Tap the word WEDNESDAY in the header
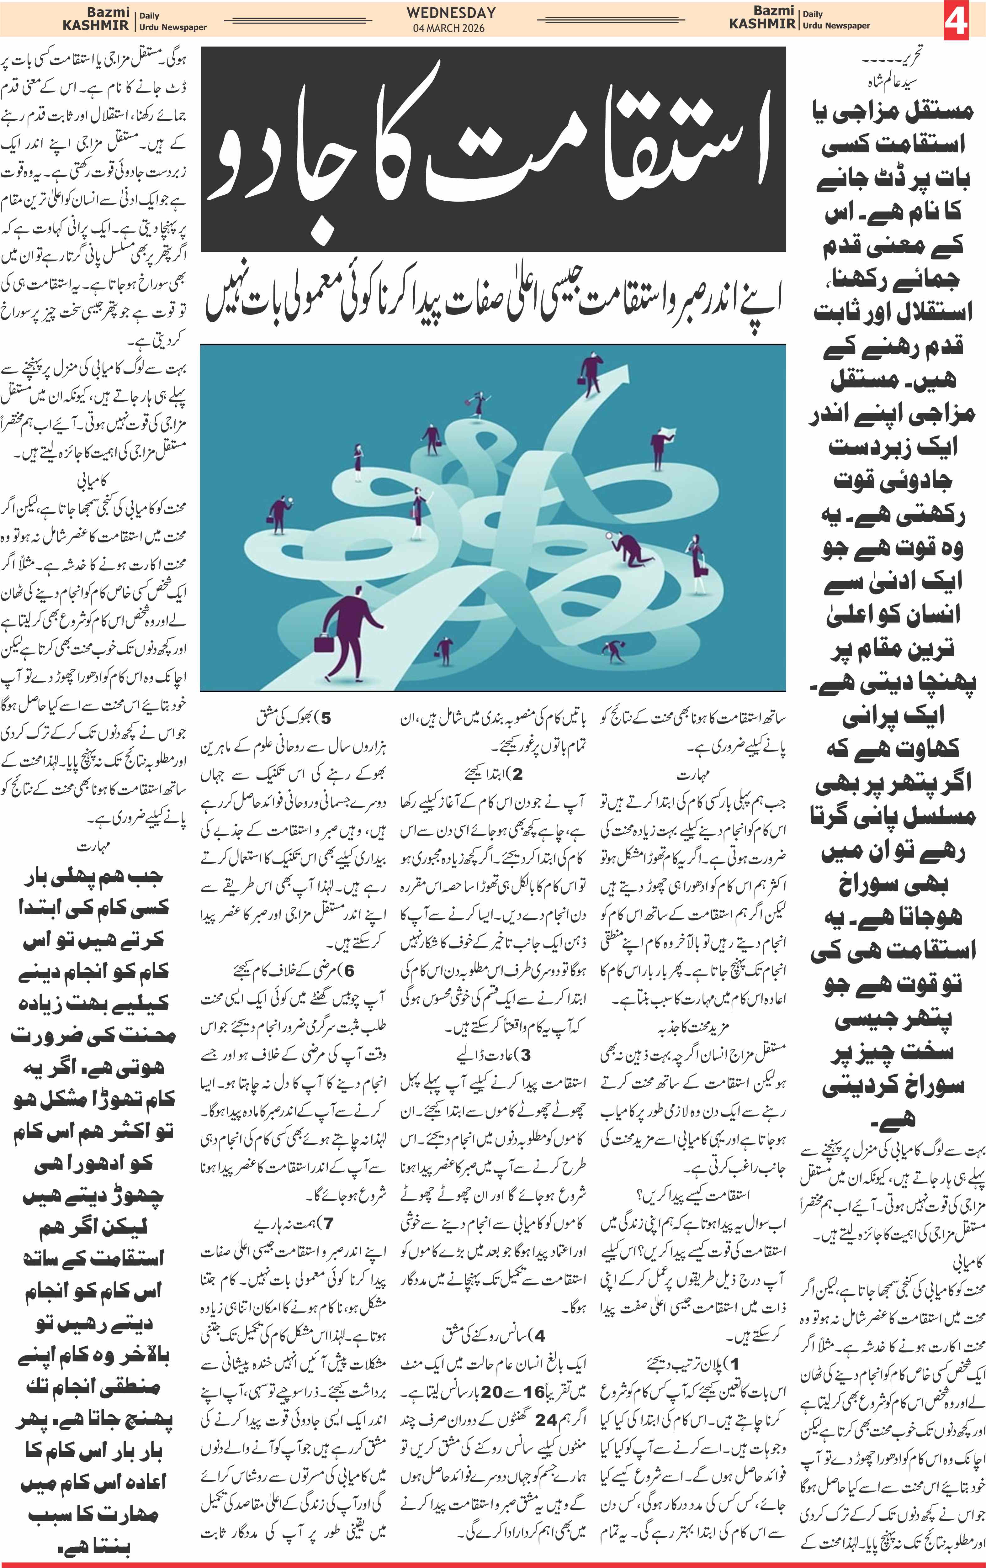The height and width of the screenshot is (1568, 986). point(451,12)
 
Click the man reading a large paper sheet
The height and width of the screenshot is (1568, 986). point(659,448)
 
